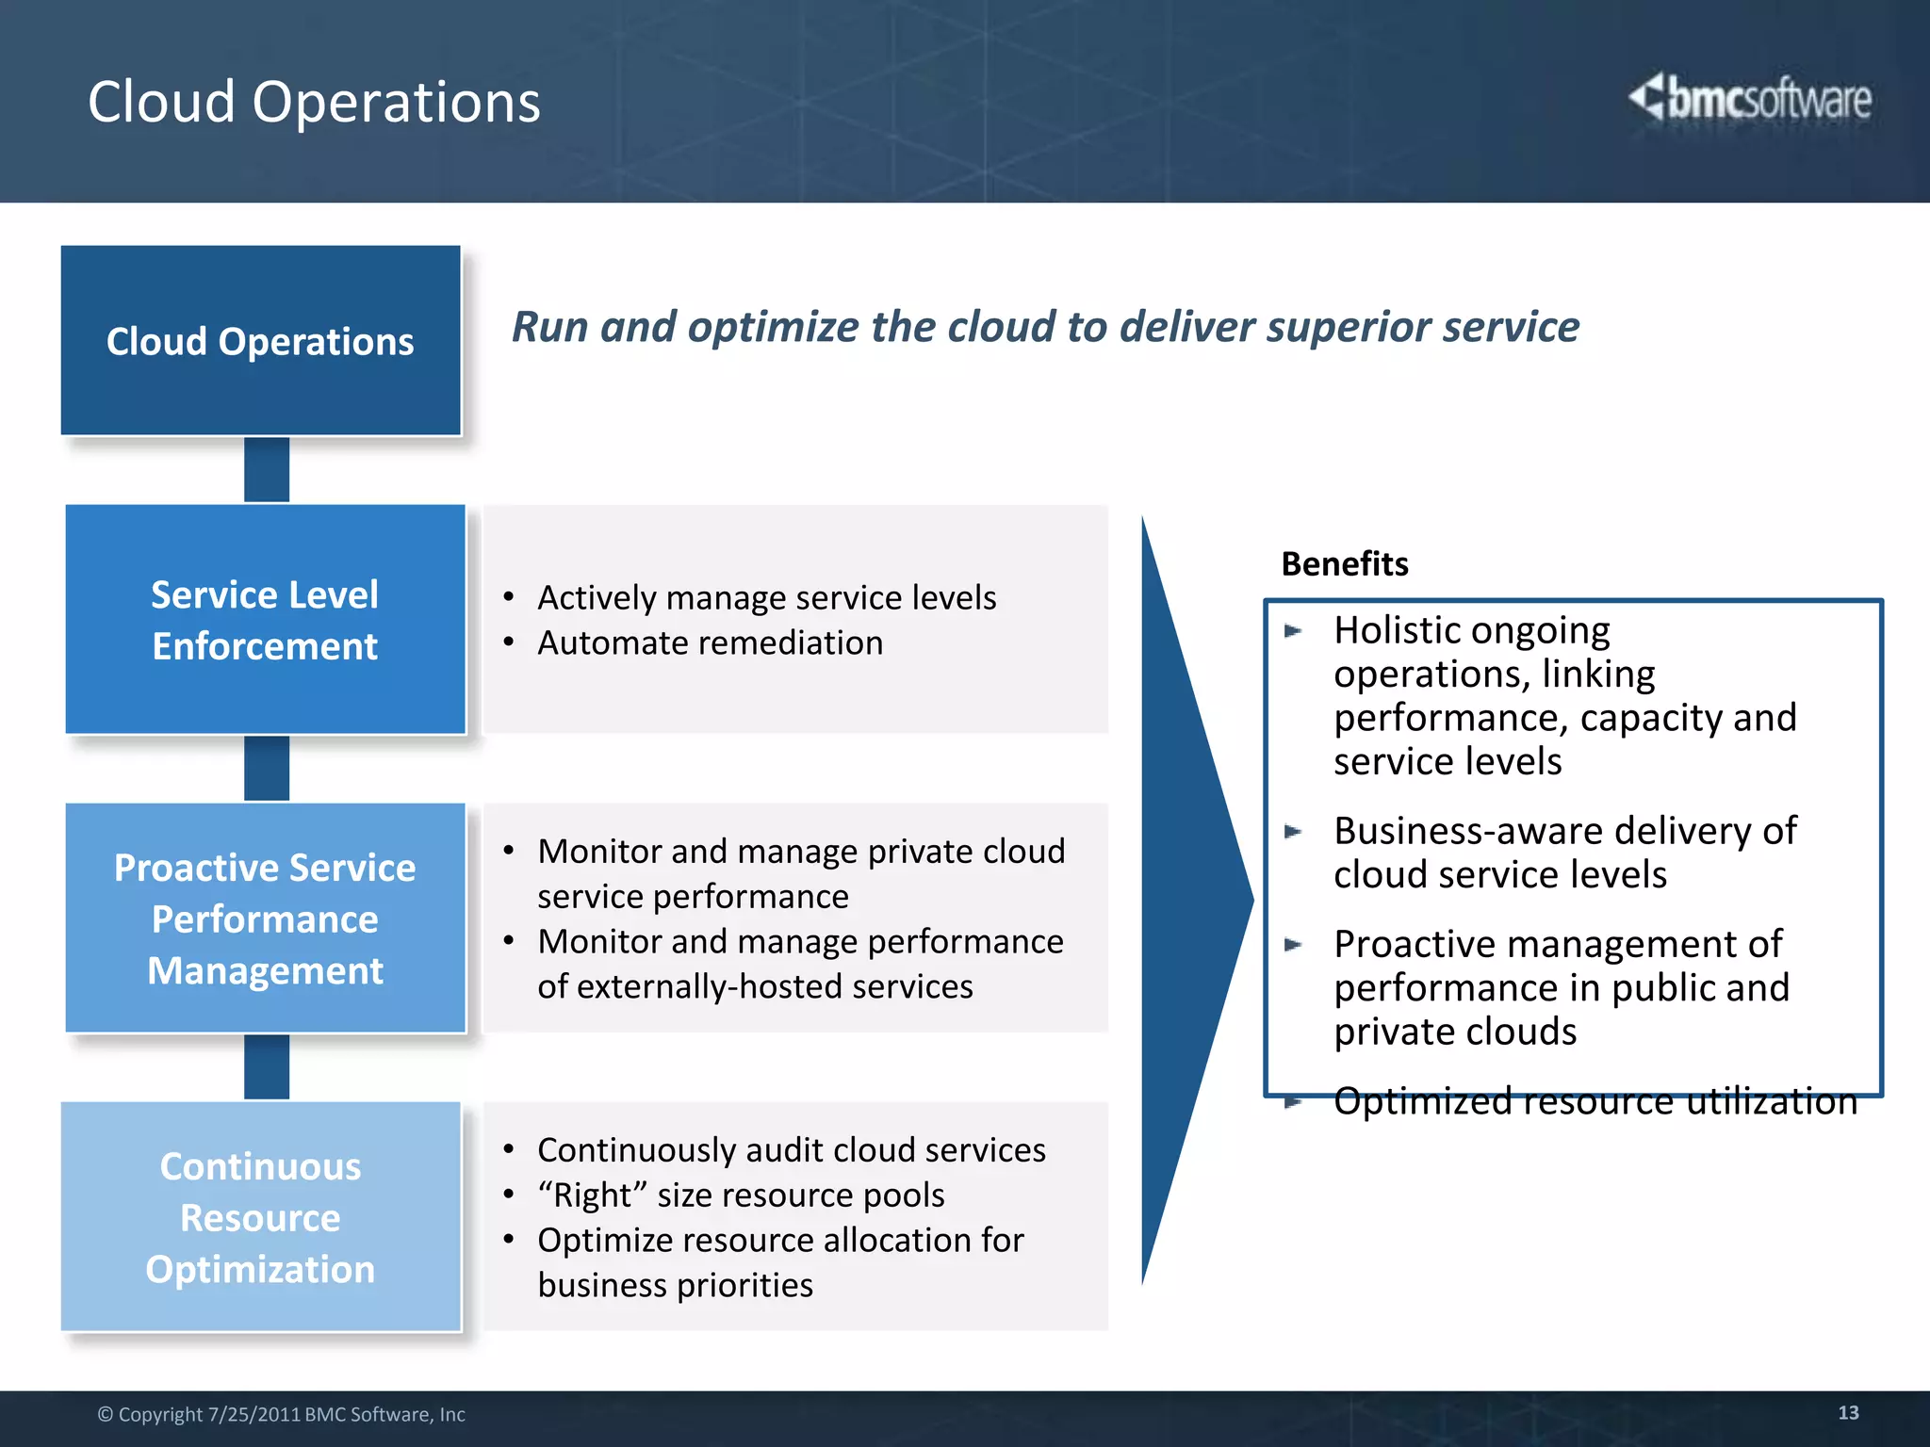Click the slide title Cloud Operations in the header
[314, 102]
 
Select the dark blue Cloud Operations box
[261, 341]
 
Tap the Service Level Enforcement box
[265, 620]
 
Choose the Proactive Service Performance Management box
[265, 919]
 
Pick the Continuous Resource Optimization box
[261, 1217]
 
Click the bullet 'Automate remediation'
[710, 643]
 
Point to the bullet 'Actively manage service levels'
[766, 598]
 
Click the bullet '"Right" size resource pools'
[741, 1195]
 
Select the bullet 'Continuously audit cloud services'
[791, 1150]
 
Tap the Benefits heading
[1345, 564]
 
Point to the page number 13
[1848, 1413]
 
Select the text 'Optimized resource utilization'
[1595, 1101]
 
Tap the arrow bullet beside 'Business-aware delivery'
[1293, 832]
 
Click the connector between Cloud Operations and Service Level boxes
[267, 469]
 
